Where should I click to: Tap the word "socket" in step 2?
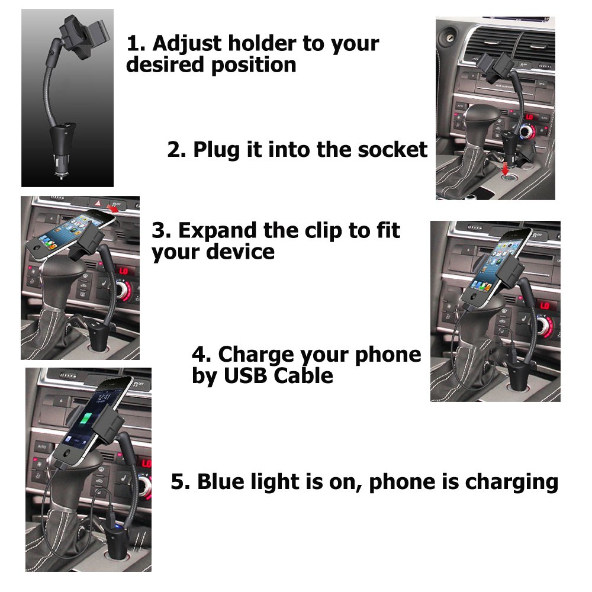[392, 149]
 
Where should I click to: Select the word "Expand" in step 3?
[217, 231]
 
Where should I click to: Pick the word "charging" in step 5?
[511, 483]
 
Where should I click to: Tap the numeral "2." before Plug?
[176, 150]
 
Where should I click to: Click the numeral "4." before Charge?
[202, 355]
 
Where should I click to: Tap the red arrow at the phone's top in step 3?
[112, 208]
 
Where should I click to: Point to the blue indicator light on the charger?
[117, 526]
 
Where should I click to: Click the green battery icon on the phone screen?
[86, 420]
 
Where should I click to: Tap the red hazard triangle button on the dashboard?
[98, 202]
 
